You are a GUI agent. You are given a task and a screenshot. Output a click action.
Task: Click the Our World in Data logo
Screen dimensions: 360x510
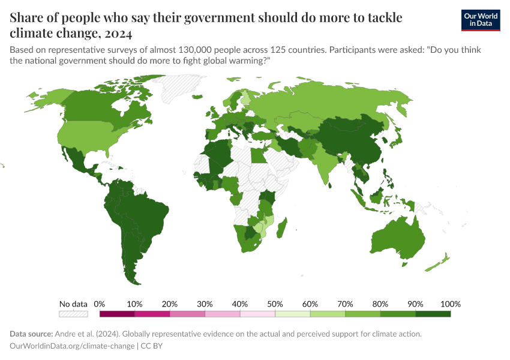(480, 20)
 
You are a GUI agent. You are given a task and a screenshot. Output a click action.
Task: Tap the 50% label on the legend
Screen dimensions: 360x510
(275, 304)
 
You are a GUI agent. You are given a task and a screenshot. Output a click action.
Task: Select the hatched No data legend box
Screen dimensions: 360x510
(73, 313)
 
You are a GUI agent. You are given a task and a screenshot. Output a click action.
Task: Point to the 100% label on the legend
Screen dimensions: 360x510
(450, 304)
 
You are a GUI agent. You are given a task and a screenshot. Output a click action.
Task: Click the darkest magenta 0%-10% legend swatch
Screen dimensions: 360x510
(117, 313)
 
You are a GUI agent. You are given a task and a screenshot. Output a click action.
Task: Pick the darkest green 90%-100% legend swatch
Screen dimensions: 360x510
(433, 313)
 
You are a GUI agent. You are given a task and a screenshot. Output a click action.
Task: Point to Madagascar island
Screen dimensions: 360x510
(281, 230)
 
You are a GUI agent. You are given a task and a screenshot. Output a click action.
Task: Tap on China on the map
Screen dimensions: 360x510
(354, 141)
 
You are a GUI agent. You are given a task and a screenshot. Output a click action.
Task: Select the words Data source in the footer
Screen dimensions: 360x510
(31, 334)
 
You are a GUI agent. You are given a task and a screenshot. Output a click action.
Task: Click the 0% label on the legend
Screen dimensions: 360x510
(100, 304)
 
